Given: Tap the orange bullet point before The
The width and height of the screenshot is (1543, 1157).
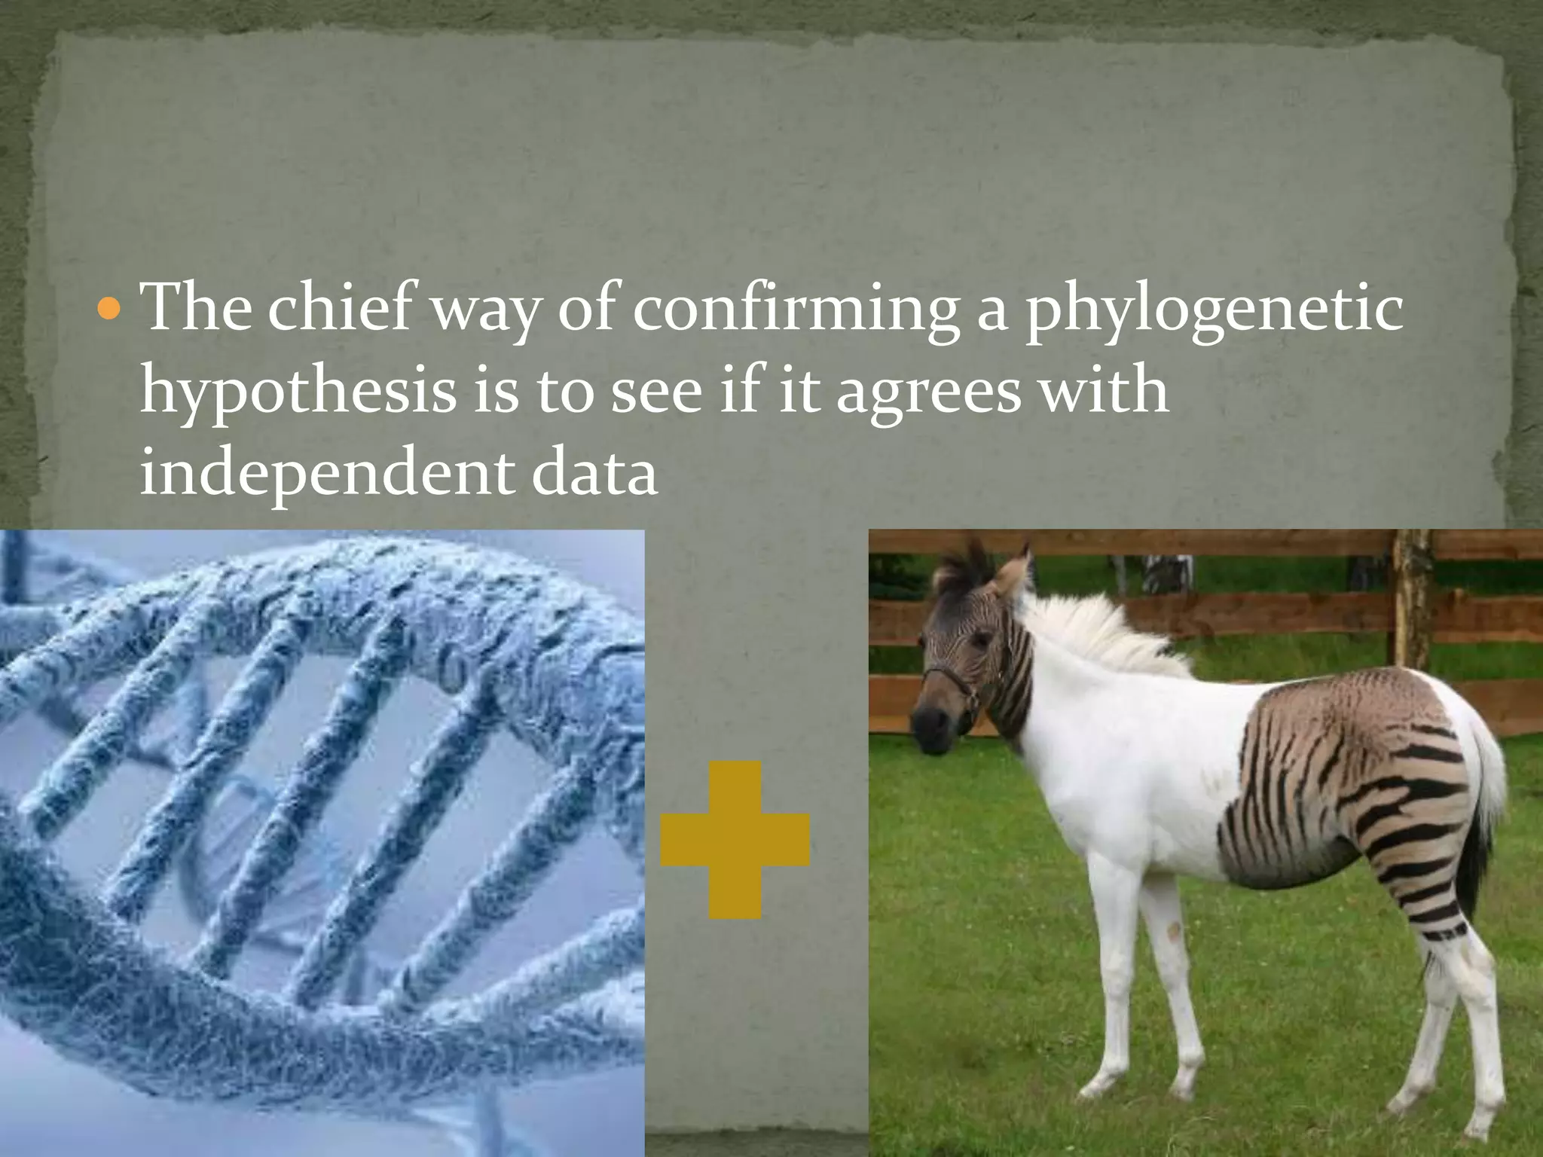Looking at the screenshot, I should tap(110, 308).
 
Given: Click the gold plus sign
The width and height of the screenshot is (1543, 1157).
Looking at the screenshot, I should tap(735, 839).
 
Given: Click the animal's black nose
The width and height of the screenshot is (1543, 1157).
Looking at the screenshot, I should tap(925, 723).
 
